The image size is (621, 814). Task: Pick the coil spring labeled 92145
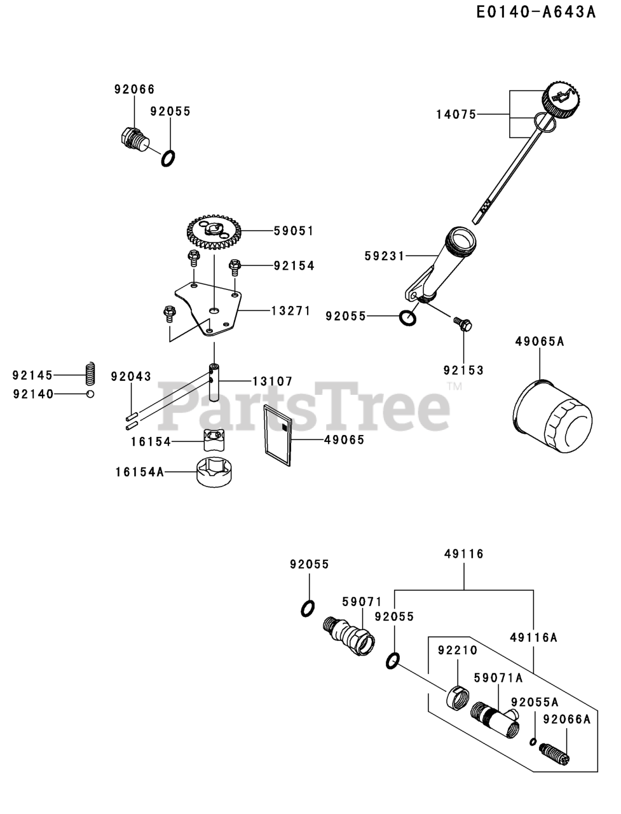tap(91, 374)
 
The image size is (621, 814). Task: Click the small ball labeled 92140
tap(91, 394)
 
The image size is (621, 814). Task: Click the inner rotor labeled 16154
tap(214, 438)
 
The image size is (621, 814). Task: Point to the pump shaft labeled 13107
tap(215, 382)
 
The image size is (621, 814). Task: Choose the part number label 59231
tap(385, 256)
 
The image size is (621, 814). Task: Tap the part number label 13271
tap(290, 311)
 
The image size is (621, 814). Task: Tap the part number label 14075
tap(456, 114)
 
